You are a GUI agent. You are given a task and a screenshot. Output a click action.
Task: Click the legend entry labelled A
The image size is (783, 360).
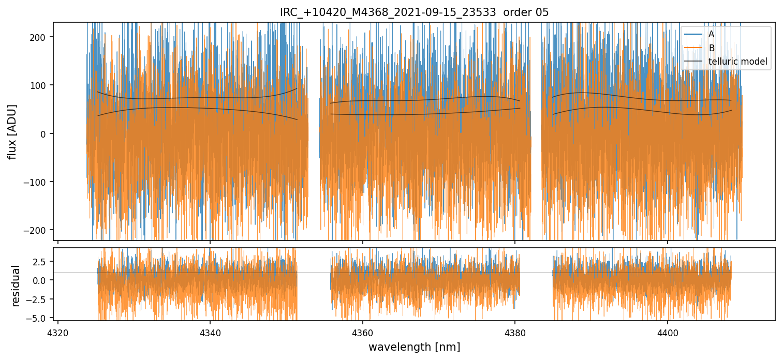(x=711, y=34)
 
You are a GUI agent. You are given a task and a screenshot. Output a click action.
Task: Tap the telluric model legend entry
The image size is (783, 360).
(x=737, y=62)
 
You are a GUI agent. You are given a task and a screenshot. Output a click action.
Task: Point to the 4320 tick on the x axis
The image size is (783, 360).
(x=58, y=332)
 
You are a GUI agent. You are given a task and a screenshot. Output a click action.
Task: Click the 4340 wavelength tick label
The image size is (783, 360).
(x=210, y=332)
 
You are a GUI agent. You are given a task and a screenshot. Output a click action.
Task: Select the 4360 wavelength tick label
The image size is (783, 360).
(x=362, y=332)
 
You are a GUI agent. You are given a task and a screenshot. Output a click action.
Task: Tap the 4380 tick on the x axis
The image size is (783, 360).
(x=515, y=332)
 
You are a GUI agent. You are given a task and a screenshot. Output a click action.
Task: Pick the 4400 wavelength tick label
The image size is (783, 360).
(x=667, y=332)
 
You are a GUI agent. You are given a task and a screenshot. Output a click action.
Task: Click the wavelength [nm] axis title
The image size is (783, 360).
(x=414, y=347)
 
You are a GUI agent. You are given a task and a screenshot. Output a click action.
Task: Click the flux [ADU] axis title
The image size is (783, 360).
(x=12, y=131)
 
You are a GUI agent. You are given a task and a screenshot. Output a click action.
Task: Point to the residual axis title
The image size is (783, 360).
(x=16, y=286)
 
